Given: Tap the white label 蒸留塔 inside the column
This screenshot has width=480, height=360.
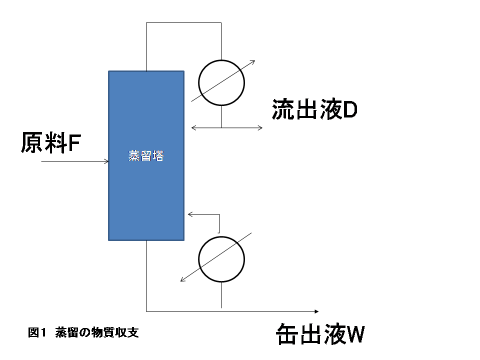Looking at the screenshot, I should pos(146,156).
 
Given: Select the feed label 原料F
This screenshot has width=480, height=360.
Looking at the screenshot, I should pos(50,143).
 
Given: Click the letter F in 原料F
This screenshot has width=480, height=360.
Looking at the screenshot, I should pos(74,143).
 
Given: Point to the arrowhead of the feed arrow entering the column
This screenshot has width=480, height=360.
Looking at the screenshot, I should pos(106,161).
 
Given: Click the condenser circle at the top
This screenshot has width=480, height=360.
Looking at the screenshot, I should pos(221,83).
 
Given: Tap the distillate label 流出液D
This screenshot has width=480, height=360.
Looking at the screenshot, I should pos(314,110).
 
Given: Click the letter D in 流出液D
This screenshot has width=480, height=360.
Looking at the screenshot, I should pos(349,110).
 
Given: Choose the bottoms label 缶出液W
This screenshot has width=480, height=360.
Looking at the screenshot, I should pos(320,334).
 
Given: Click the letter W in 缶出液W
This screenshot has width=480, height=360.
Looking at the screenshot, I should pos(355,335).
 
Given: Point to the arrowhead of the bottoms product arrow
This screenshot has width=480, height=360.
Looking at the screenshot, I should pos(316,311).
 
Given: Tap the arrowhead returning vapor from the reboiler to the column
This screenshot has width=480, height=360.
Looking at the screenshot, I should pos(190,214).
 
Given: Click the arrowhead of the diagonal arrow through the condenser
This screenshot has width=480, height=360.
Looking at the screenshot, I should pos(253,62).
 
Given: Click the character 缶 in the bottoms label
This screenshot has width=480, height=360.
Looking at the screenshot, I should pos(287,334).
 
